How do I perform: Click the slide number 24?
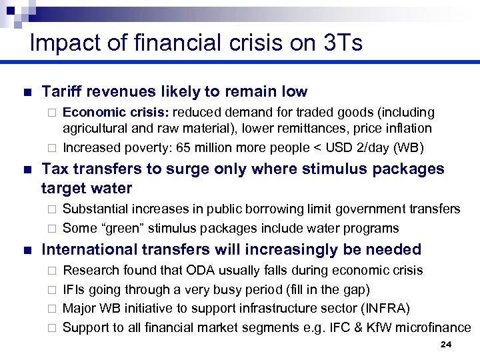[x=446, y=345]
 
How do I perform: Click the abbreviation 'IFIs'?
[x=73, y=289]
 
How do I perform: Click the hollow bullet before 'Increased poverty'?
[x=51, y=148]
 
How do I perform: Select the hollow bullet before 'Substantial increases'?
[x=51, y=209]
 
